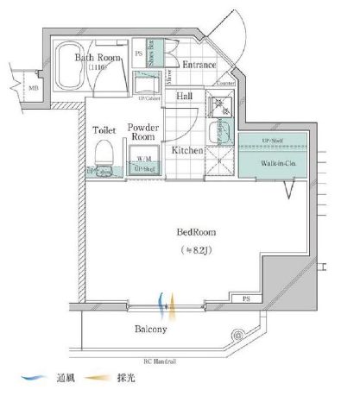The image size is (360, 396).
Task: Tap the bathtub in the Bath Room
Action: point(69,71)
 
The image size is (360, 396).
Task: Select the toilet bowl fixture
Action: point(103,156)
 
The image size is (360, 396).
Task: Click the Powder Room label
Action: point(143,133)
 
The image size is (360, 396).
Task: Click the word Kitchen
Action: point(187,150)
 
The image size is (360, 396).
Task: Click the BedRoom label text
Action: point(196,233)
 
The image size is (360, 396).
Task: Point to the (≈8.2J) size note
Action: point(196,250)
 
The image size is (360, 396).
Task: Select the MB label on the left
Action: point(34,88)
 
